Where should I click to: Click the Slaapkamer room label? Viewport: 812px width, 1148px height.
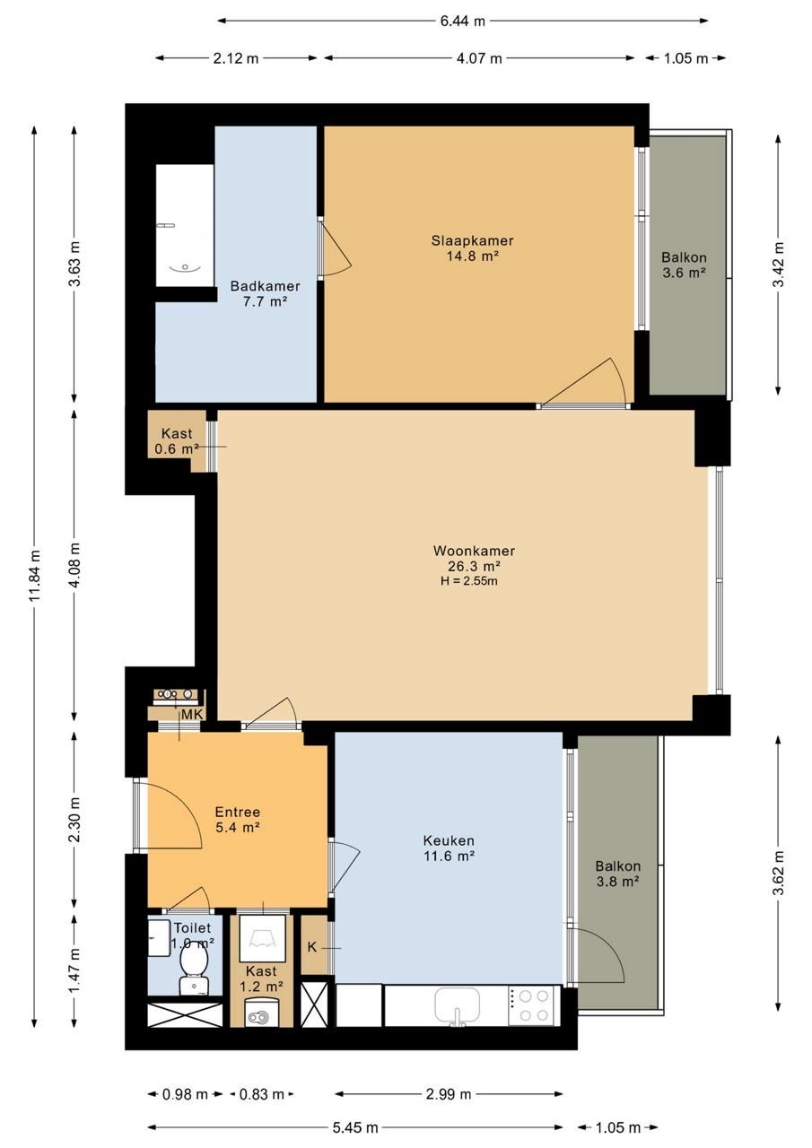pyautogui.click(x=472, y=240)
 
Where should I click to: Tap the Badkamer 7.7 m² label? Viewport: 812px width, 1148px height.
pyautogui.click(x=265, y=293)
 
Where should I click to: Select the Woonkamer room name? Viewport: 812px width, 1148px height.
pyautogui.click(x=474, y=551)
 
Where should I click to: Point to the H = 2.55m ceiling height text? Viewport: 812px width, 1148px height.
pyautogui.click(x=469, y=581)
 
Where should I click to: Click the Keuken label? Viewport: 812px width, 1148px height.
pyautogui.click(x=449, y=840)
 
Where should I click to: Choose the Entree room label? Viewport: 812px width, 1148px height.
pyautogui.click(x=238, y=812)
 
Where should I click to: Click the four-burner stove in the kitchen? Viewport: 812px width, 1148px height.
pyautogui.click(x=534, y=1005)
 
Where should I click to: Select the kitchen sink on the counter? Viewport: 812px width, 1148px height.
pyautogui.click(x=458, y=1006)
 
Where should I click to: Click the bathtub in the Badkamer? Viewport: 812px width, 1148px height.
pyautogui.click(x=185, y=225)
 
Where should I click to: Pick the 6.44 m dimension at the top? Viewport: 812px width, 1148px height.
pyautogui.click(x=462, y=21)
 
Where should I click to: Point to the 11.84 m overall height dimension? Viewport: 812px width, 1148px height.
pyautogui.click(x=34, y=577)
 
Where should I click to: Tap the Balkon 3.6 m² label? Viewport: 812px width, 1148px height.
pyautogui.click(x=684, y=265)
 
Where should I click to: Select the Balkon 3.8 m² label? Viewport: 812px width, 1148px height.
pyautogui.click(x=617, y=874)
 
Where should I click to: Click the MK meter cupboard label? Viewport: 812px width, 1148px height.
pyautogui.click(x=192, y=715)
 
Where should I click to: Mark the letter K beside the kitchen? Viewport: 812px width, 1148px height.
pyautogui.click(x=312, y=948)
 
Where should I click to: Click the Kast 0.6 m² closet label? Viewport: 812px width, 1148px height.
pyautogui.click(x=177, y=441)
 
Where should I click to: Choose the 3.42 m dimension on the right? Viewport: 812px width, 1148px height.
pyautogui.click(x=779, y=265)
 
